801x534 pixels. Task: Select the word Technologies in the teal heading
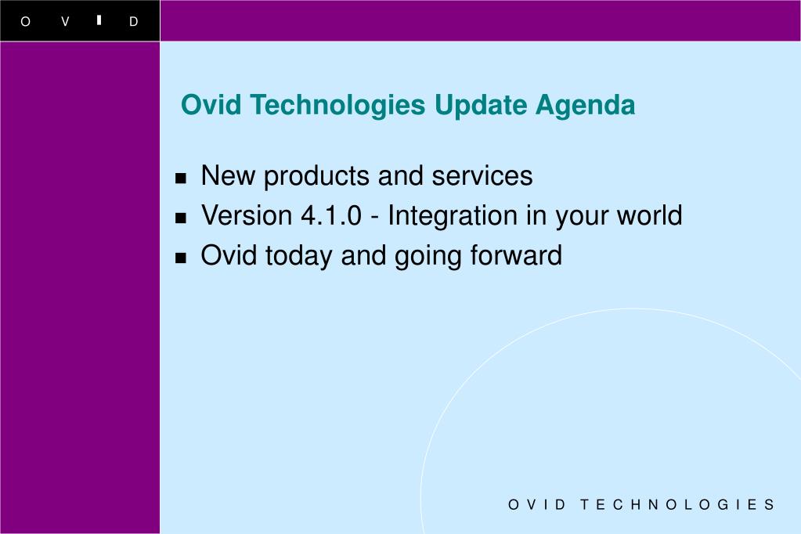click(337, 106)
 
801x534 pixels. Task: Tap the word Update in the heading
click(481, 106)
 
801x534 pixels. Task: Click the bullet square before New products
click(180, 178)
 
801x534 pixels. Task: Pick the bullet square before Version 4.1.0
click(180, 218)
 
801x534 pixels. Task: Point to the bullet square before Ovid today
click(180, 258)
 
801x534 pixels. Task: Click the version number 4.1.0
click(331, 215)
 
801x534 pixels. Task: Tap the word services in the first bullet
click(482, 176)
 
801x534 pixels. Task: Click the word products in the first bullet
click(316, 176)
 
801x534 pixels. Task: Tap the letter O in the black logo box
click(25, 21)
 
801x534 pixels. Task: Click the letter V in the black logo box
click(66, 21)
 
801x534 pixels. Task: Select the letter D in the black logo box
click(133, 21)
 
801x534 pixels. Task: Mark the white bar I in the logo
click(99, 20)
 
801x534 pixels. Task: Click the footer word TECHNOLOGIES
click(677, 505)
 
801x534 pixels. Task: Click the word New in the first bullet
click(228, 176)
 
